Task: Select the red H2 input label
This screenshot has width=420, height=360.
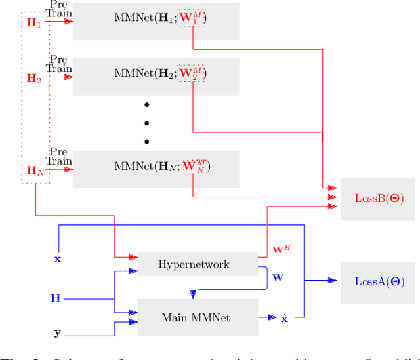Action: point(33,78)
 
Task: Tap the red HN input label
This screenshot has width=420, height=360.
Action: point(35,170)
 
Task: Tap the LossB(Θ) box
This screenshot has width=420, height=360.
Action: point(379,198)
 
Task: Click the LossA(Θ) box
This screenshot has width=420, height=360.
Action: point(379,282)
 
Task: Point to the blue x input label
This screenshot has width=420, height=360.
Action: point(57,259)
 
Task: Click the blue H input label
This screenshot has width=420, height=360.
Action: point(56,299)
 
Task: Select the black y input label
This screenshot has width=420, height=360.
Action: point(57,333)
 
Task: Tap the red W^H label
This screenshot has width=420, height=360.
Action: point(281,250)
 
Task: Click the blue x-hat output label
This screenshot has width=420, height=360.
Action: point(284,318)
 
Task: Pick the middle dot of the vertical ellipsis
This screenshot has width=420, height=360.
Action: point(147,123)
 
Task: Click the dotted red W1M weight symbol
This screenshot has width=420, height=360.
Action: point(192,20)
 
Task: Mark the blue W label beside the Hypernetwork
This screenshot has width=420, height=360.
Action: point(278,277)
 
